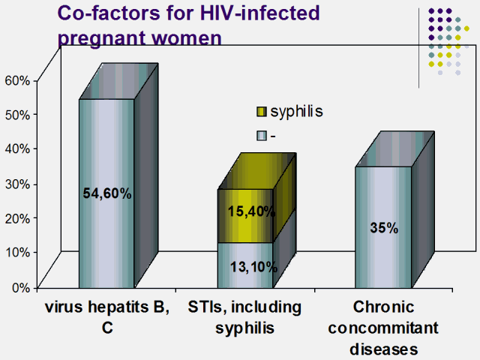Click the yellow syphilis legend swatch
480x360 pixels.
tap(262, 112)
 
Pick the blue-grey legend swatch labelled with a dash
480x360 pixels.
tap(262, 136)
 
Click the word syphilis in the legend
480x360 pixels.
tap(296, 111)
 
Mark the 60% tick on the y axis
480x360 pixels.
tap(16, 80)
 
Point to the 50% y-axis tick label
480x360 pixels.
tap(16, 115)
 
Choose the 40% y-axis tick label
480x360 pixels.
tap(16, 148)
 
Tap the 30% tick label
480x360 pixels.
tap(16, 183)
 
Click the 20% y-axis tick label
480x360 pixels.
tap(16, 217)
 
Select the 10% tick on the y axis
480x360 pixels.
tap(16, 252)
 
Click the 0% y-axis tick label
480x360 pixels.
tap(19, 286)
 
